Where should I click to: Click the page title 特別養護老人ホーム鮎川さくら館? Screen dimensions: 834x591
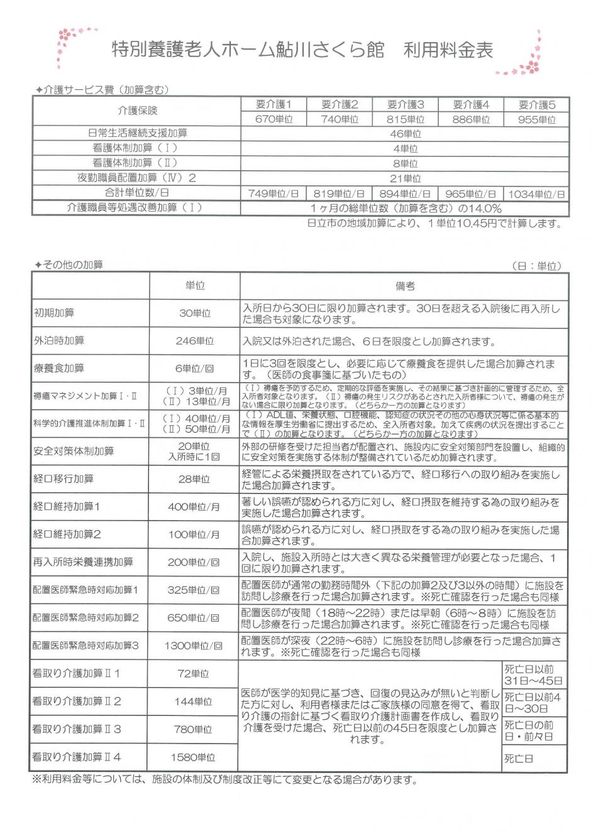click(x=248, y=50)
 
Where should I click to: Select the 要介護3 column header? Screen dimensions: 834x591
click(x=406, y=104)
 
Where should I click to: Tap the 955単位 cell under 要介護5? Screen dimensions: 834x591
click(x=537, y=119)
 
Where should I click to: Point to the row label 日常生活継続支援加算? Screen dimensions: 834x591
click(x=137, y=133)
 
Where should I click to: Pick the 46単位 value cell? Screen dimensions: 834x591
click(x=406, y=134)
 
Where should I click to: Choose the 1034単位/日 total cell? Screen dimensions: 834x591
click(x=536, y=193)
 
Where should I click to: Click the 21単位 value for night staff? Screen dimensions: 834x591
click(x=406, y=178)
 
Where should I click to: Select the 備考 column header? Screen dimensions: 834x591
click(x=406, y=286)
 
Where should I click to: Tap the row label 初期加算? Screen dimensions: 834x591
click(x=54, y=313)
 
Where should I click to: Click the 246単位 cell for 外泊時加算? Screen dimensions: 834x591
click(x=195, y=341)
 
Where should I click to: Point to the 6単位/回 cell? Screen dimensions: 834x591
click(x=195, y=369)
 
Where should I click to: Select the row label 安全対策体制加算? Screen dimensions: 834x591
click(x=74, y=452)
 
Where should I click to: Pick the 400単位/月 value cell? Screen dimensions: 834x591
click(x=194, y=507)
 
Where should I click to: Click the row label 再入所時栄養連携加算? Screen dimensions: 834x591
click(x=83, y=562)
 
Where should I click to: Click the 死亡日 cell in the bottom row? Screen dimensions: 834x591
click(x=519, y=759)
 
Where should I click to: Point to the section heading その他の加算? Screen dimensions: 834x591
click(x=69, y=265)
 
